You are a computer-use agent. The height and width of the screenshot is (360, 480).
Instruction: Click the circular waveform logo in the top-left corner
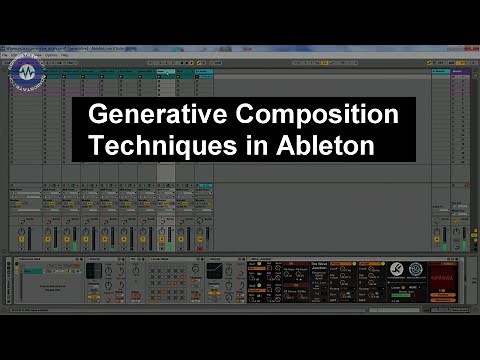pos(30,72)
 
